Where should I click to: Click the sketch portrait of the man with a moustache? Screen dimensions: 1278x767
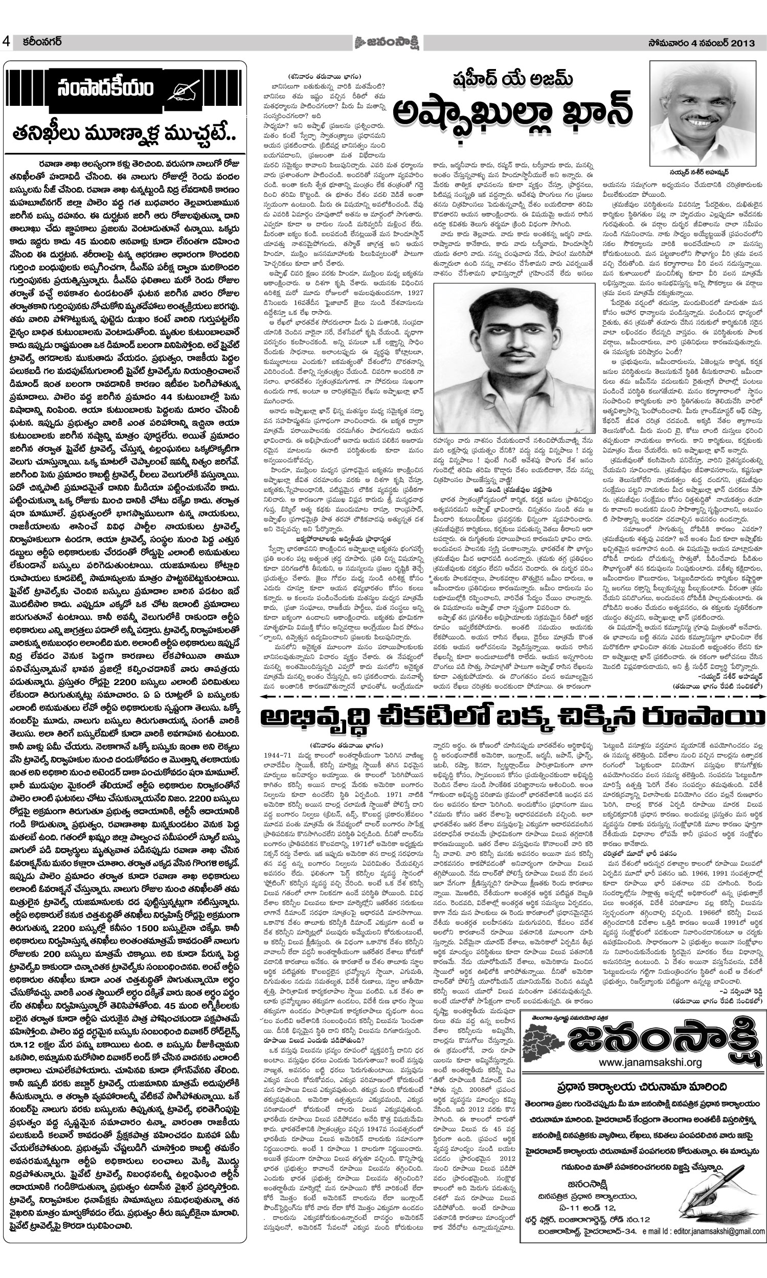click(514, 358)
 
